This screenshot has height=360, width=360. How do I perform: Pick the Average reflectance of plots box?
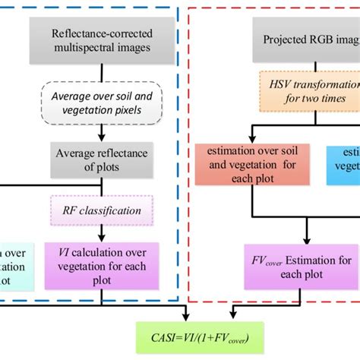click(x=106, y=160)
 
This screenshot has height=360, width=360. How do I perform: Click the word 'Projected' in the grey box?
click(x=284, y=39)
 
